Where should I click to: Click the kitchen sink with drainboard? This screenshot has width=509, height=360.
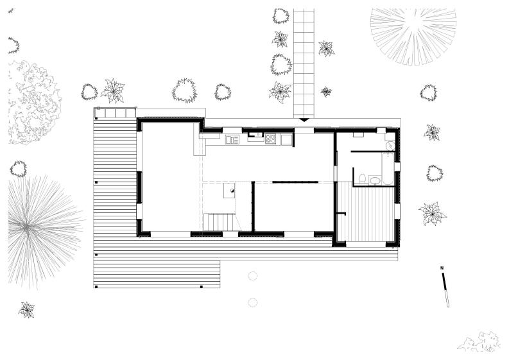click(x=232, y=140)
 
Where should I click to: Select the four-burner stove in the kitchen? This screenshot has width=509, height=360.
click(x=270, y=139)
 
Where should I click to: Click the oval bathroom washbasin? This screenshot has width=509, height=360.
click(x=375, y=180)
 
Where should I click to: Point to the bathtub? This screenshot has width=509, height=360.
click(x=388, y=169)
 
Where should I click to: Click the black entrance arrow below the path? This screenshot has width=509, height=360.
click(x=304, y=120)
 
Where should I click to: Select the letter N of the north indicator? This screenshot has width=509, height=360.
click(x=442, y=268)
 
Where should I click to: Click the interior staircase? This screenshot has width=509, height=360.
click(x=220, y=222)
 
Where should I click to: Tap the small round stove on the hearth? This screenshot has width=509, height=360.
click(x=232, y=191)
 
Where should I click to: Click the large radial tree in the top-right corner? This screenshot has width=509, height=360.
click(x=413, y=36)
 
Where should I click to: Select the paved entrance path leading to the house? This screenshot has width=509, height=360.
click(x=304, y=64)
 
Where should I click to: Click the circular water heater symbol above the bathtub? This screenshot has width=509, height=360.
click(x=390, y=146)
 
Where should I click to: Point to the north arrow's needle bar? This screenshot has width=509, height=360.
click(x=445, y=290)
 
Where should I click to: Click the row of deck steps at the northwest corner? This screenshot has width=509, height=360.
click(x=115, y=113)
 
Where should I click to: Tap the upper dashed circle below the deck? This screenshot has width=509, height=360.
click(x=252, y=276)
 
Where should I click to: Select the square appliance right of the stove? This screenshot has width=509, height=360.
click(x=287, y=140)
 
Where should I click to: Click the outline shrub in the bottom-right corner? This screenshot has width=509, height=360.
click(x=479, y=341)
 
